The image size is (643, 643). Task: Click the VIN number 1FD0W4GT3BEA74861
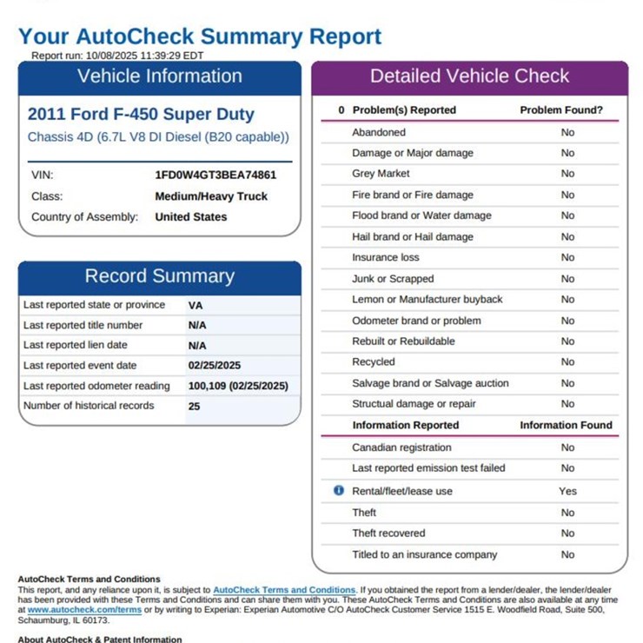pos(215,175)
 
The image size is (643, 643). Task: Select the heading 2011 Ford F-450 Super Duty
pos(141,114)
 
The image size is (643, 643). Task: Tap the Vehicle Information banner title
pos(160,76)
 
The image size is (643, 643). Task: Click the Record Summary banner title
pos(160,276)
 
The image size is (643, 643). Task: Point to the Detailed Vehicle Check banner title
pos(469,76)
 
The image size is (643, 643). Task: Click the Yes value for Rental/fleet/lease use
pos(567,491)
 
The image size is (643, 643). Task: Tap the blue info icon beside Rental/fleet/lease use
pos(339,491)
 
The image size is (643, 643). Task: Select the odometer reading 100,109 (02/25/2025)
pos(238,386)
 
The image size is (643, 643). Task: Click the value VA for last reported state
pos(196,306)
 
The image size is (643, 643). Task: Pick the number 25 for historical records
pos(194,406)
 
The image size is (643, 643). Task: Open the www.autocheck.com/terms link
pos(84,610)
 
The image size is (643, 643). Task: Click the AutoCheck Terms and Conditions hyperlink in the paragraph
pos(284,590)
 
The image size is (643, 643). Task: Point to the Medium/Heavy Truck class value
pos(211,196)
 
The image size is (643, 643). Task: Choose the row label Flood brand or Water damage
pos(421,215)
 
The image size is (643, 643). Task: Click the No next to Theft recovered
pos(567,534)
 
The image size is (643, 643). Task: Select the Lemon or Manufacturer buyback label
pos(427,300)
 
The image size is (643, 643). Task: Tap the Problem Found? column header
pos(561,110)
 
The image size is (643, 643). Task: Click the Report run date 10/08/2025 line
pos(117,55)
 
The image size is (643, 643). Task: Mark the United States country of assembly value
pos(190,217)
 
